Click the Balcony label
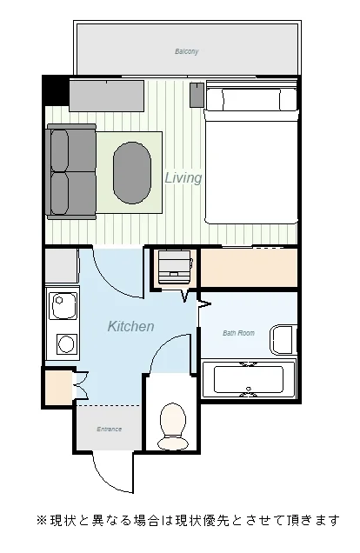tap(187, 51)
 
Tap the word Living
tap(183, 177)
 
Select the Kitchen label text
tap(130, 326)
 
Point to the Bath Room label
tap(238, 333)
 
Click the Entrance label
tap(110, 430)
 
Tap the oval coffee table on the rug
tap(132, 173)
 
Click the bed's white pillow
tap(252, 99)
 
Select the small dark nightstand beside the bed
tap(197, 95)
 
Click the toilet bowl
tap(172, 427)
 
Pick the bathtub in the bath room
tap(249, 379)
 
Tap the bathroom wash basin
tap(283, 340)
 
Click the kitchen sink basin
tap(63, 305)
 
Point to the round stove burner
tap(66, 343)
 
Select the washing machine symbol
tap(175, 267)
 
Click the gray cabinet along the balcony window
tap(106, 96)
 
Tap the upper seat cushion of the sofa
tap(60, 150)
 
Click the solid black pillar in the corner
tap(56, 90)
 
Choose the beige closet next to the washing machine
tap(249, 268)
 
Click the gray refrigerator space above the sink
tap(62, 265)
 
